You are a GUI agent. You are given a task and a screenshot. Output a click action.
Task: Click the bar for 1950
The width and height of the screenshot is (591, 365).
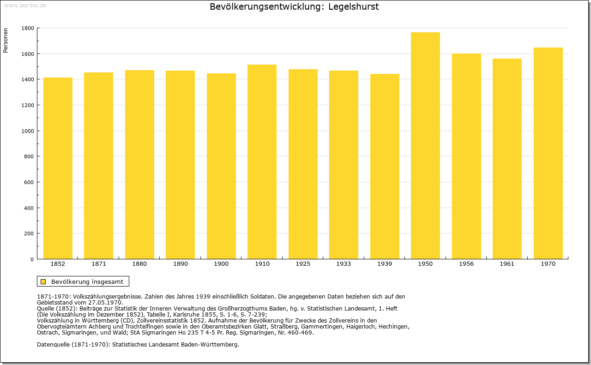(425, 145)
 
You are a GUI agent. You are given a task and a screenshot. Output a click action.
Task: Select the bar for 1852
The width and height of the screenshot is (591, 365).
(58, 168)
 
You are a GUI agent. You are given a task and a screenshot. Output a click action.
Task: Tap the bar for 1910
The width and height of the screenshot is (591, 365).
(262, 162)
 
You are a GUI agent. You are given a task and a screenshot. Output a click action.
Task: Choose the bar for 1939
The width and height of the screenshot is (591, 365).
(385, 166)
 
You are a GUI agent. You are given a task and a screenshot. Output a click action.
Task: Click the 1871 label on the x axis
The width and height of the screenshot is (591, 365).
(99, 264)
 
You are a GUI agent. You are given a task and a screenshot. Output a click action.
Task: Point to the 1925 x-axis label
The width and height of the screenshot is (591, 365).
(303, 264)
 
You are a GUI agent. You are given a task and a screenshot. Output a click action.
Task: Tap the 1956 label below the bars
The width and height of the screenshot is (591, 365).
(466, 264)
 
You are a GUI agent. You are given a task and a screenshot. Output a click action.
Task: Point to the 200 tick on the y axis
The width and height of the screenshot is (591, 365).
(29, 233)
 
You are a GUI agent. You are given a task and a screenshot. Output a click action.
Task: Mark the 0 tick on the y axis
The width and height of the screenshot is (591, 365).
(32, 259)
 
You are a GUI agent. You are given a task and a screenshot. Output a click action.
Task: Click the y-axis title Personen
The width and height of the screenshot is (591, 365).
(6, 41)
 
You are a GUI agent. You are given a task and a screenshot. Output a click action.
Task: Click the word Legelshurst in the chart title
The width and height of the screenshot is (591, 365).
(353, 7)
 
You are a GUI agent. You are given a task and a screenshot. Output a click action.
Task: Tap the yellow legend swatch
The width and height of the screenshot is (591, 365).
(43, 281)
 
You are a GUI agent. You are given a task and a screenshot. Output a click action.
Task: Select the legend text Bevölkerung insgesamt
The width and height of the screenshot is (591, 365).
(87, 281)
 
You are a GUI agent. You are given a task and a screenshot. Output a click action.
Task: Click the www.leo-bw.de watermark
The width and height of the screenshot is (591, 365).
(24, 5)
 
